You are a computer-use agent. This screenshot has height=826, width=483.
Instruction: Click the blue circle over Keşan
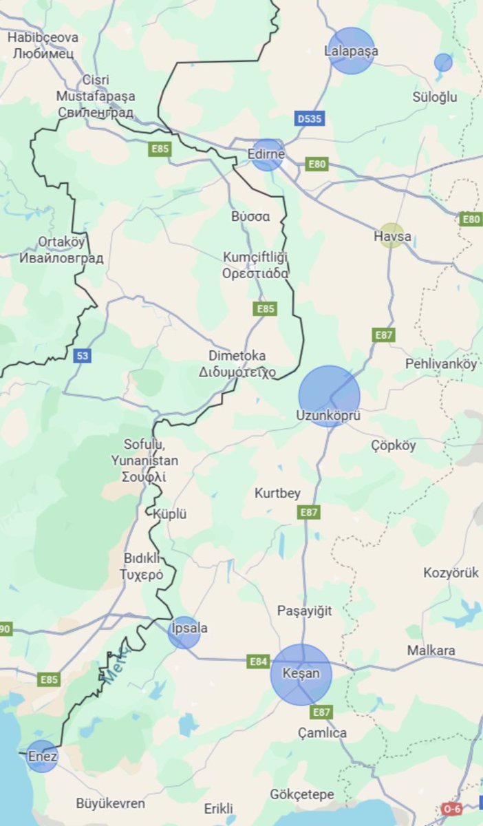click(301, 674)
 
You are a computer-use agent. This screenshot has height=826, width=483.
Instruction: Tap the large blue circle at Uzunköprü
click(329, 396)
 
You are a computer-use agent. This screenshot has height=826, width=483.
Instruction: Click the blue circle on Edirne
click(267, 155)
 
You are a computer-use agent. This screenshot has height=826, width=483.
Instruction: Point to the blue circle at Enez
click(43, 756)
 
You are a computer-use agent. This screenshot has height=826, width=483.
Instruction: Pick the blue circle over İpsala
click(184, 632)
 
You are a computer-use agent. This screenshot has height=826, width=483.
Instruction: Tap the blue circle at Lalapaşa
click(351, 50)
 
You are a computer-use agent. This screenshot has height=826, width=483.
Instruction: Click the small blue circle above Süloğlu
click(443, 63)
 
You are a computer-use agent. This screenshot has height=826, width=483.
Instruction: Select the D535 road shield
click(310, 119)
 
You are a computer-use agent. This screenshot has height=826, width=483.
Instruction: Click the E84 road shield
click(258, 661)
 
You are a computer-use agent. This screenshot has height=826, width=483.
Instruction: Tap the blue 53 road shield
click(83, 356)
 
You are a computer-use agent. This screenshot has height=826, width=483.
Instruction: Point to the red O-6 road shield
click(451, 809)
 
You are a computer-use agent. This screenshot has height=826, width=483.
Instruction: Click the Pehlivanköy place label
click(441, 364)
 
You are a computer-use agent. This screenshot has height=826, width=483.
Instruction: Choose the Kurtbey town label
click(277, 494)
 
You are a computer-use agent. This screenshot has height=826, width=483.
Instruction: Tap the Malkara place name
click(431, 650)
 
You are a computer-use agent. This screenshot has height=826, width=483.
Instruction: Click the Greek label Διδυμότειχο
click(237, 372)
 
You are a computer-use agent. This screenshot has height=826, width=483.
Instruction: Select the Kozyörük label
click(451, 573)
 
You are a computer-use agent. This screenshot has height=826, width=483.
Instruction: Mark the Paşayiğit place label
click(304, 611)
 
